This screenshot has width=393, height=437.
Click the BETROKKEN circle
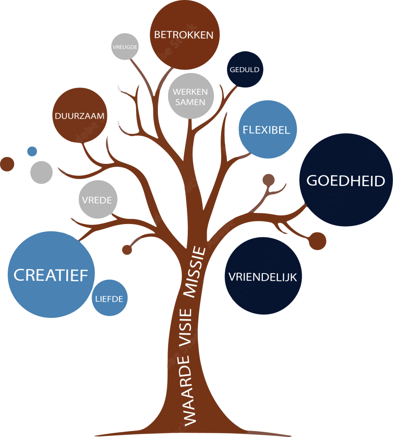[184, 35]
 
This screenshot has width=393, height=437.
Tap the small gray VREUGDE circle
[125, 47]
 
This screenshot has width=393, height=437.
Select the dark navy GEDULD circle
[245, 70]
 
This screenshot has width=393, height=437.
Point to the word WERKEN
[190, 92]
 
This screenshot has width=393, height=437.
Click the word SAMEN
[190, 102]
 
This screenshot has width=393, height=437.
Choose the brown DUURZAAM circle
[79, 116]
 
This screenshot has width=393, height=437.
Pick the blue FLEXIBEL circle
[267, 130]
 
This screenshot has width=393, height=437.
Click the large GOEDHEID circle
[346, 181]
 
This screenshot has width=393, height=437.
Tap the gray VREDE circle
[98, 200]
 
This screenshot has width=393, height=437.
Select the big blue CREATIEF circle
[51, 275]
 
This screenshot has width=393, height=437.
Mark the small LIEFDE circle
[110, 298]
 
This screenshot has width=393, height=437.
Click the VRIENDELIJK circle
[263, 276]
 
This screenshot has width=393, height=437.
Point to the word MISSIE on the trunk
[195, 271]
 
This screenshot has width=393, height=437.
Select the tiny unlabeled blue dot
[32, 151]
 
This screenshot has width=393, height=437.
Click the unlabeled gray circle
[41, 172]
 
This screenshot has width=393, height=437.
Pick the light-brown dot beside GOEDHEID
[268, 180]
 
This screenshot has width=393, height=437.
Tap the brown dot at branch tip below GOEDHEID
[317, 241]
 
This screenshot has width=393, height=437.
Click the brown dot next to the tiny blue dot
[6, 164]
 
